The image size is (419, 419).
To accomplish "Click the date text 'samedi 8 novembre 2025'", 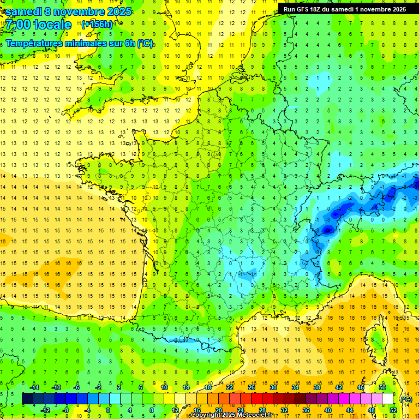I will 68,11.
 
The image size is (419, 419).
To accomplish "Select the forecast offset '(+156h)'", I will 97,24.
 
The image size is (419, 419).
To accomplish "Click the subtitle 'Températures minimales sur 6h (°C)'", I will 79,43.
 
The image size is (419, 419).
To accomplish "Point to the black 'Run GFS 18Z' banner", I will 344,9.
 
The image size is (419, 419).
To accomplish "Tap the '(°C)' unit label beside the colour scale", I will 406,399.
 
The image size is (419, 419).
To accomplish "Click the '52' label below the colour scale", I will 393,410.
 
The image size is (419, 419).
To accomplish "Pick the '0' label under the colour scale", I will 108,410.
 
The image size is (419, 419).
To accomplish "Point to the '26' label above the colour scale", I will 252,387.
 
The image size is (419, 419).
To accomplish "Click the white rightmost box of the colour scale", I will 387,398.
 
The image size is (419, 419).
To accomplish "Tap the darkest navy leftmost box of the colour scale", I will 27,398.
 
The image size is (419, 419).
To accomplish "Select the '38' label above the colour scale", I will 317,387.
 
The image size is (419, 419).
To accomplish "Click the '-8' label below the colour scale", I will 65,410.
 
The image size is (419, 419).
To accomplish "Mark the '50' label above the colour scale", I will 382,387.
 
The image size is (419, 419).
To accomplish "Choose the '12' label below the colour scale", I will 175,410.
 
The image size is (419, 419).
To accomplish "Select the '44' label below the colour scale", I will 350,410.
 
